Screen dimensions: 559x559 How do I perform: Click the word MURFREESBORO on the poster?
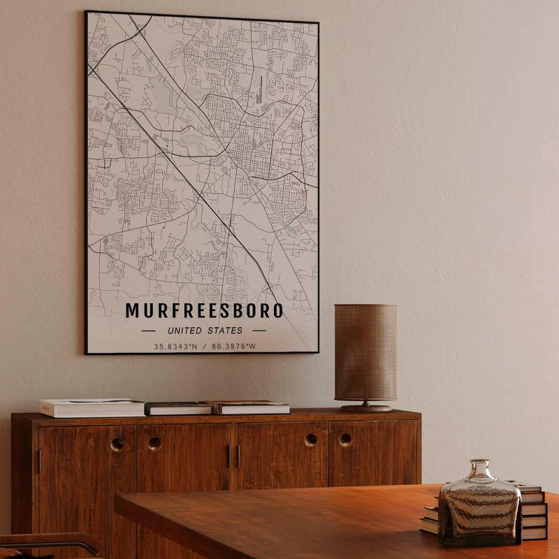pos(204,310)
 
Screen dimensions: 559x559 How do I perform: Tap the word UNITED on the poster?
pos(184,331)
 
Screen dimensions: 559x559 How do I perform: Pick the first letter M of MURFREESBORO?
pos(132,310)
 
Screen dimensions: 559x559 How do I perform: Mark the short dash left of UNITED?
pos(148,331)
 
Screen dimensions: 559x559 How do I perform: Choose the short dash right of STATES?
pos(259,331)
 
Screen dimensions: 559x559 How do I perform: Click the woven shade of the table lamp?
pos(365,352)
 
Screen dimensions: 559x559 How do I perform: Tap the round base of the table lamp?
pos(365,407)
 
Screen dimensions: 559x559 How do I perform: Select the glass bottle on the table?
pos(479,507)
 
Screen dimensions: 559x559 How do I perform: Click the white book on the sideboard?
pos(92,407)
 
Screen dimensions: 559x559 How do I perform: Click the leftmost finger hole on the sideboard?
pos(117,444)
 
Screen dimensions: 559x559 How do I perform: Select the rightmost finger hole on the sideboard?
pos(345,440)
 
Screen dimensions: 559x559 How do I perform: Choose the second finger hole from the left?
pos(154,443)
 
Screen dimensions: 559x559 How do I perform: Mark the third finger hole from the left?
pos(311,440)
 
